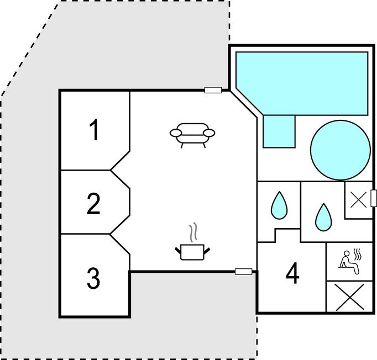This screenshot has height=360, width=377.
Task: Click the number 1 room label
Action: pos(94,130)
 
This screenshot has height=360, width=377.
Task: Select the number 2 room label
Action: pos(93,204)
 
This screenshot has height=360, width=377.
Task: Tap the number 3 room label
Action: pos(93,279)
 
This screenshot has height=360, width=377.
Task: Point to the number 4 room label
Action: pos(292,273)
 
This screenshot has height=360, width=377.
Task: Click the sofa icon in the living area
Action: pos(192,135)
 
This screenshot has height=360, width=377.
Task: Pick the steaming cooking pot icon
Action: pos(192,242)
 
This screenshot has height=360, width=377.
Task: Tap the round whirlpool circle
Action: pos(340,150)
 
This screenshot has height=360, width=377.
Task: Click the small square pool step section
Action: pos(279,131)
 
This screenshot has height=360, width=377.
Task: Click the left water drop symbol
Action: pos(279,205)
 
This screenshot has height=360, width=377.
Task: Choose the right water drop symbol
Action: pos(323,218)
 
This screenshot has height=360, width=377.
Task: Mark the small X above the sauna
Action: pos(359,200)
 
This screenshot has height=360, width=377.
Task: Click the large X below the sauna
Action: pos(349,297)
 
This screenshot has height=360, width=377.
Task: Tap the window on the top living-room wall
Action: pos(213,90)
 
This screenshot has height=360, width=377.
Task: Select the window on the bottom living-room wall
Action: pos(243,272)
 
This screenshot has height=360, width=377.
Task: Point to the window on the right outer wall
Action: pos(373,198)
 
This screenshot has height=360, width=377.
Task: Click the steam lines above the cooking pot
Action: pos(193,232)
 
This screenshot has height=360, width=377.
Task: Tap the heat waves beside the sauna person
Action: pos(357,255)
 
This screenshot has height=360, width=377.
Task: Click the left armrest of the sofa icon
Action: pos(176,133)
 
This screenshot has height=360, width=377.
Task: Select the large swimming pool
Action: pos(302,83)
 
